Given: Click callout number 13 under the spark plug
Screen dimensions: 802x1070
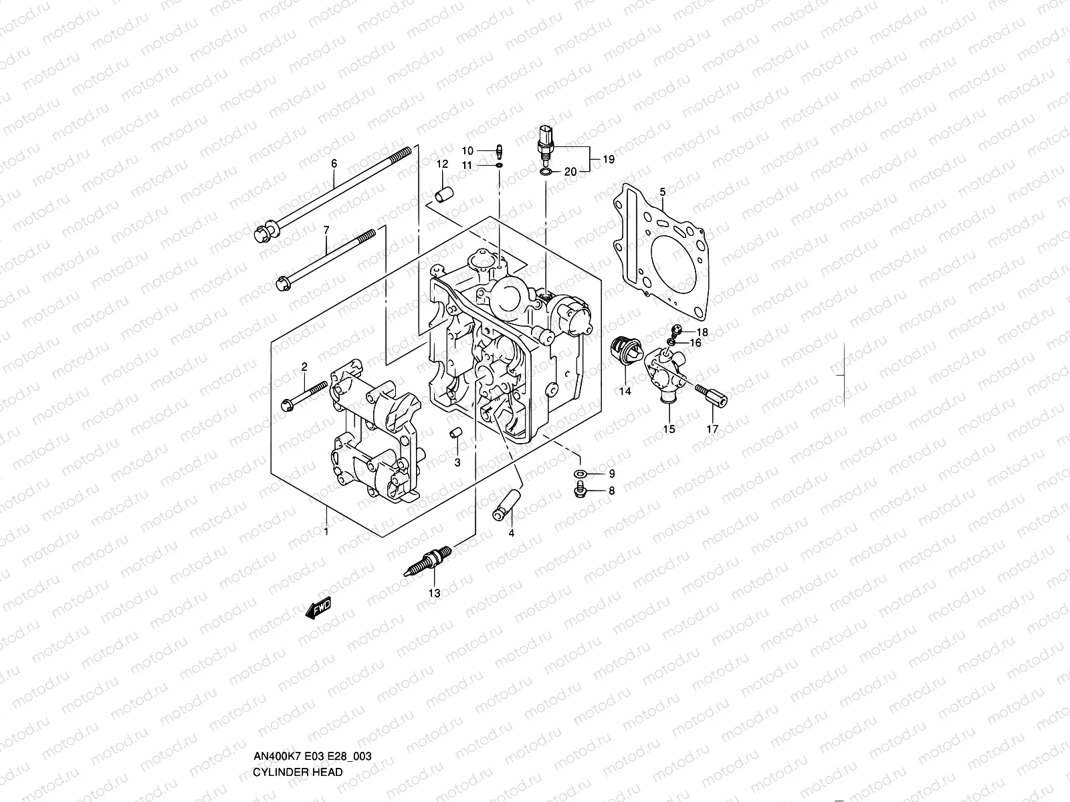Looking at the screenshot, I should coord(435,593).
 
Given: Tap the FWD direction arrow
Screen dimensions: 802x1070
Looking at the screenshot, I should coord(318,607).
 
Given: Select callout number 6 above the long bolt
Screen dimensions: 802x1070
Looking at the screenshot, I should coord(334,164).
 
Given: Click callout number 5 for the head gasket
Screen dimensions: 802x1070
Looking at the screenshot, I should coord(662,192).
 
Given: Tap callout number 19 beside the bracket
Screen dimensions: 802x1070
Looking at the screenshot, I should coord(608,159).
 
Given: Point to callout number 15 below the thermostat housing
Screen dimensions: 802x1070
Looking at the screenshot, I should coord(669,430).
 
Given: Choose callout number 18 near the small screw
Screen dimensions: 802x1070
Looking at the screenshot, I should coord(702,332).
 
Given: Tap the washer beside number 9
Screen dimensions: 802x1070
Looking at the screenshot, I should coord(580,475).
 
